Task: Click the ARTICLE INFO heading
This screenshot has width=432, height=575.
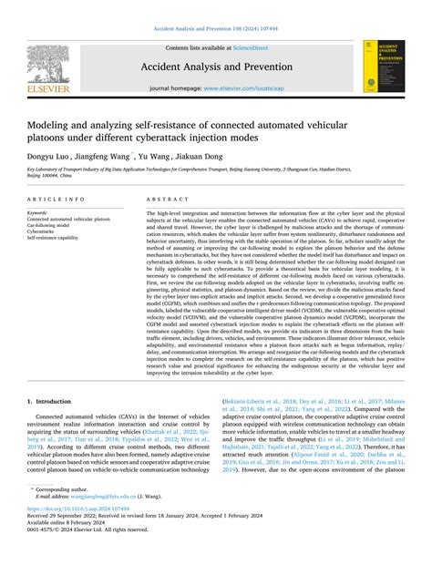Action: point(57,198)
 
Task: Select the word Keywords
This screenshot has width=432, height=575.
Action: point(37,212)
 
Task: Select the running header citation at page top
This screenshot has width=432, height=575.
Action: point(215,29)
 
